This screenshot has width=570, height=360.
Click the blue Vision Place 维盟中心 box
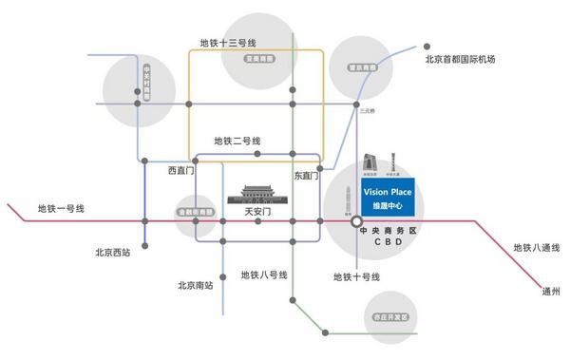point(387,199)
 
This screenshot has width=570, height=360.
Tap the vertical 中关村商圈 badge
point(146,83)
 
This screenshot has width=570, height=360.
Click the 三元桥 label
point(369,111)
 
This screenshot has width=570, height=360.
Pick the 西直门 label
point(180,172)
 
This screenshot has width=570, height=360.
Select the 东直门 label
point(306,176)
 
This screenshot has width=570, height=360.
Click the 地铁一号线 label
point(62,209)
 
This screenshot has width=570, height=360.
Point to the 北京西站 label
point(113,253)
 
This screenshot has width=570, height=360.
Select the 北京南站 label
point(195,284)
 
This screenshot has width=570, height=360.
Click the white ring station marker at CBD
point(354,221)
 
